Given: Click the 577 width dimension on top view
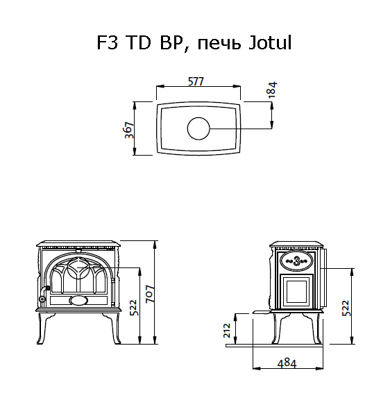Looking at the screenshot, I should pyautogui.click(x=196, y=81).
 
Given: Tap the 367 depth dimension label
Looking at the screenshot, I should pyautogui.click(x=129, y=129).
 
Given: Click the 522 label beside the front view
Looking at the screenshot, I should pyautogui.click(x=133, y=306).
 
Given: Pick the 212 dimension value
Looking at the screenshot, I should pyautogui.click(x=228, y=329).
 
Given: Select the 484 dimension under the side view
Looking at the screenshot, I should pyautogui.click(x=288, y=363).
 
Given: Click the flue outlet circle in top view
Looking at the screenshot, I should pyautogui.click(x=198, y=129).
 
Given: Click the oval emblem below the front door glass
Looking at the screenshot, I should pyautogui.click(x=78, y=300).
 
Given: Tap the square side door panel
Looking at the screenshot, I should pyautogui.click(x=298, y=290).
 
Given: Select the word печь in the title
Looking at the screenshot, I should pyautogui.click(x=219, y=44).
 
